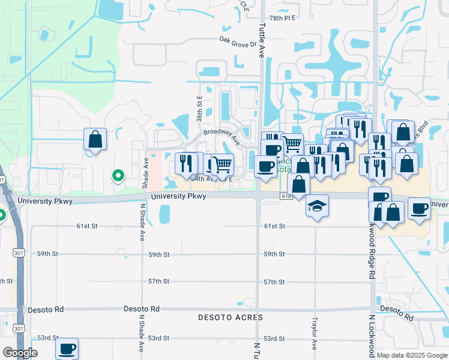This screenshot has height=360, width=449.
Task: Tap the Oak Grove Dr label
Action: tap(238, 43)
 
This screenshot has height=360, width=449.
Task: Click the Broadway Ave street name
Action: tap(221, 137)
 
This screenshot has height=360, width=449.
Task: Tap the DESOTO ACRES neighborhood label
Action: tap(231, 317)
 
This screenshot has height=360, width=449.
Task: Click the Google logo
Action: tap(20, 353)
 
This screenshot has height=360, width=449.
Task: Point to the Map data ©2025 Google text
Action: tap(411, 355)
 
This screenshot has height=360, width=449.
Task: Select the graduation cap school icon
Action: tap(317, 206)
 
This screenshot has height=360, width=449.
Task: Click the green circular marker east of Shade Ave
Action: tap(118, 176)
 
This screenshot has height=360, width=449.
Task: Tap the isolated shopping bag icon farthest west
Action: tap(95, 139)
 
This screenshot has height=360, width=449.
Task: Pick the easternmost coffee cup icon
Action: tap(419, 208)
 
